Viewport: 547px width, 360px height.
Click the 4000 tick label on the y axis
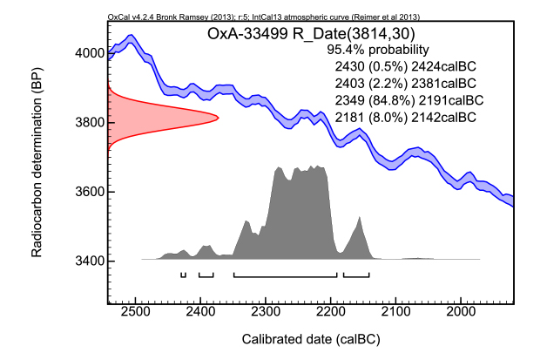coord(88,53)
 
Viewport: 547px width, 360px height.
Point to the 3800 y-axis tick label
coord(88,122)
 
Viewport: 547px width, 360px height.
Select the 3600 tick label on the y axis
coord(88,192)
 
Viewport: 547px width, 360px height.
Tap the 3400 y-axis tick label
coord(88,262)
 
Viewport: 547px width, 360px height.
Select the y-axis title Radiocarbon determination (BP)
coord(36,166)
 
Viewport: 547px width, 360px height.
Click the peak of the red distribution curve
coord(217,118)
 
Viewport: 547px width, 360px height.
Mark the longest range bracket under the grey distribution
coord(285,275)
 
